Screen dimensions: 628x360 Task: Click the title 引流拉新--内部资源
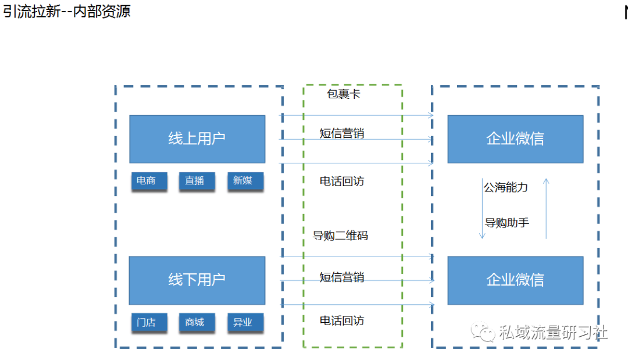[67, 11]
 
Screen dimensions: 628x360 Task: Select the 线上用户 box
[197, 139]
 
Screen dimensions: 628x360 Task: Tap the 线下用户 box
[197, 280]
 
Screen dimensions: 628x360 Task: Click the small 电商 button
[149, 181]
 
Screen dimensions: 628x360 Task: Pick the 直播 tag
[197, 181]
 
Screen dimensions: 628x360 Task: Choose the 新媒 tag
[245, 181]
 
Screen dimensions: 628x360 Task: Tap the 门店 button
[149, 322]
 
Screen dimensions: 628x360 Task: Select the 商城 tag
[197, 322]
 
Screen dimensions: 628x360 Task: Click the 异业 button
[245, 322]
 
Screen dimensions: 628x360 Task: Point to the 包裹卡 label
[343, 94]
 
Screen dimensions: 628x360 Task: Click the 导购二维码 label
[340, 236]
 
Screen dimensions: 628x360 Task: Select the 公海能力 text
[505, 187]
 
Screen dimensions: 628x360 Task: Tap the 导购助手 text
[506, 223]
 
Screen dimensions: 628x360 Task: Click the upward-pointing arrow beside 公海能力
[546, 209]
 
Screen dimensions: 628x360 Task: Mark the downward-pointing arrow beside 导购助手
[482, 209]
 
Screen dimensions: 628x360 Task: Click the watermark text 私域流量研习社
[553, 333]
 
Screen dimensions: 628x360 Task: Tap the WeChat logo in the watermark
[483, 332]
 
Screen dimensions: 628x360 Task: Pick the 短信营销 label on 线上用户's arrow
[342, 133]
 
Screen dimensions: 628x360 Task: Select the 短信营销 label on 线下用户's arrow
[342, 277]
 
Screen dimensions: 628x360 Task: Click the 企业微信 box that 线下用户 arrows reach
[515, 280]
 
